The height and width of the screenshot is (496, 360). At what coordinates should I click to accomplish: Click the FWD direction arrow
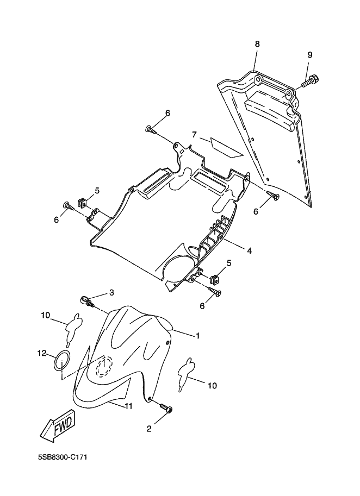(x=58, y=426)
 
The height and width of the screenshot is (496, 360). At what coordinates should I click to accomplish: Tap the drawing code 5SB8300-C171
(x=63, y=457)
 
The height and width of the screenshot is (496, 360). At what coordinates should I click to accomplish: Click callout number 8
(x=257, y=44)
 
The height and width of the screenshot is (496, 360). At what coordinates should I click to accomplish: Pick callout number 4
(x=250, y=251)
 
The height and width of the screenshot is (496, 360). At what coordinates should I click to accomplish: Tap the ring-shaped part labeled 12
(x=62, y=360)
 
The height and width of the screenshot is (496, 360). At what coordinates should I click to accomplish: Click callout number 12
(x=42, y=353)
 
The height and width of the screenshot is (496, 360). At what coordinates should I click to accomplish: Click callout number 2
(x=149, y=429)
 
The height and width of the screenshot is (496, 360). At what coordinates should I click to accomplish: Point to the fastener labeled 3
(x=87, y=301)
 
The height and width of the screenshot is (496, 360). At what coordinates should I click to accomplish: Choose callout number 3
(x=112, y=293)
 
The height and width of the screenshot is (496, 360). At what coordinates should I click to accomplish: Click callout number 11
(x=128, y=406)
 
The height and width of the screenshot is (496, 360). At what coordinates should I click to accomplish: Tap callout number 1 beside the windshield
(x=198, y=336)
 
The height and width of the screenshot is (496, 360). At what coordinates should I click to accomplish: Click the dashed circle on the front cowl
(x=104, y=366)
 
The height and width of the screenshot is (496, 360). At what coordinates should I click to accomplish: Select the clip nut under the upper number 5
(x=83, y=202)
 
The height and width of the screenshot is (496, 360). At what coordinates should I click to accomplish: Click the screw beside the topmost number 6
(x=151, y=129)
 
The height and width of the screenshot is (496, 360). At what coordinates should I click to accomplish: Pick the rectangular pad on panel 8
(x=272, y=111)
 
